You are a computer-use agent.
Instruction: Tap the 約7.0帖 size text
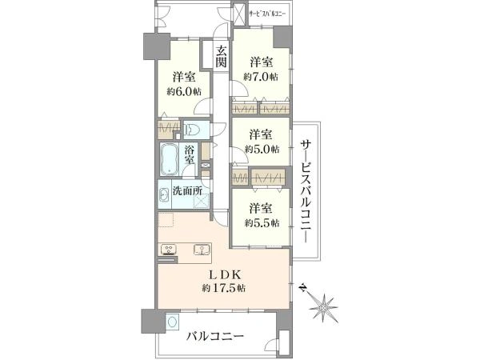pos(261,77)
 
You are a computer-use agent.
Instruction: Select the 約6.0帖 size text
pos(184,91)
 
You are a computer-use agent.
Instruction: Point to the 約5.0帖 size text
pos(262,149)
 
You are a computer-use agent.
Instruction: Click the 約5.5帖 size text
pos(262,223)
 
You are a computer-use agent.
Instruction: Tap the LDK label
pos(224,274)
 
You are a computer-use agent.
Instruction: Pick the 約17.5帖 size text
pos(224,288)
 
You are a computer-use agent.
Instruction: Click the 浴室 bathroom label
pos(190,154)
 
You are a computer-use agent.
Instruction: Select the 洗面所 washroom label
pos(187,191)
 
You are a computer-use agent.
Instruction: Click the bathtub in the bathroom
pos(170,159)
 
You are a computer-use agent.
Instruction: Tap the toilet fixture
pos(192,130)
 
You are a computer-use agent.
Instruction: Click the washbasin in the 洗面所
pos(164,194)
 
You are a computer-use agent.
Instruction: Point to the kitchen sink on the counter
pos(202,250)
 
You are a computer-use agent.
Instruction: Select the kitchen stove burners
pos(168,249)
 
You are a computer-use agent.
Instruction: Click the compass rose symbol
pos(323,307)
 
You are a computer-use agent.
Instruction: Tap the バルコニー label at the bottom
pos(215,337)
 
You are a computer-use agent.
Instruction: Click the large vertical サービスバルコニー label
pos(306,191)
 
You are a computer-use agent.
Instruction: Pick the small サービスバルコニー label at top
pos(267,14)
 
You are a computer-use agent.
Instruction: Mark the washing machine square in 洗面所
pos(202,201)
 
